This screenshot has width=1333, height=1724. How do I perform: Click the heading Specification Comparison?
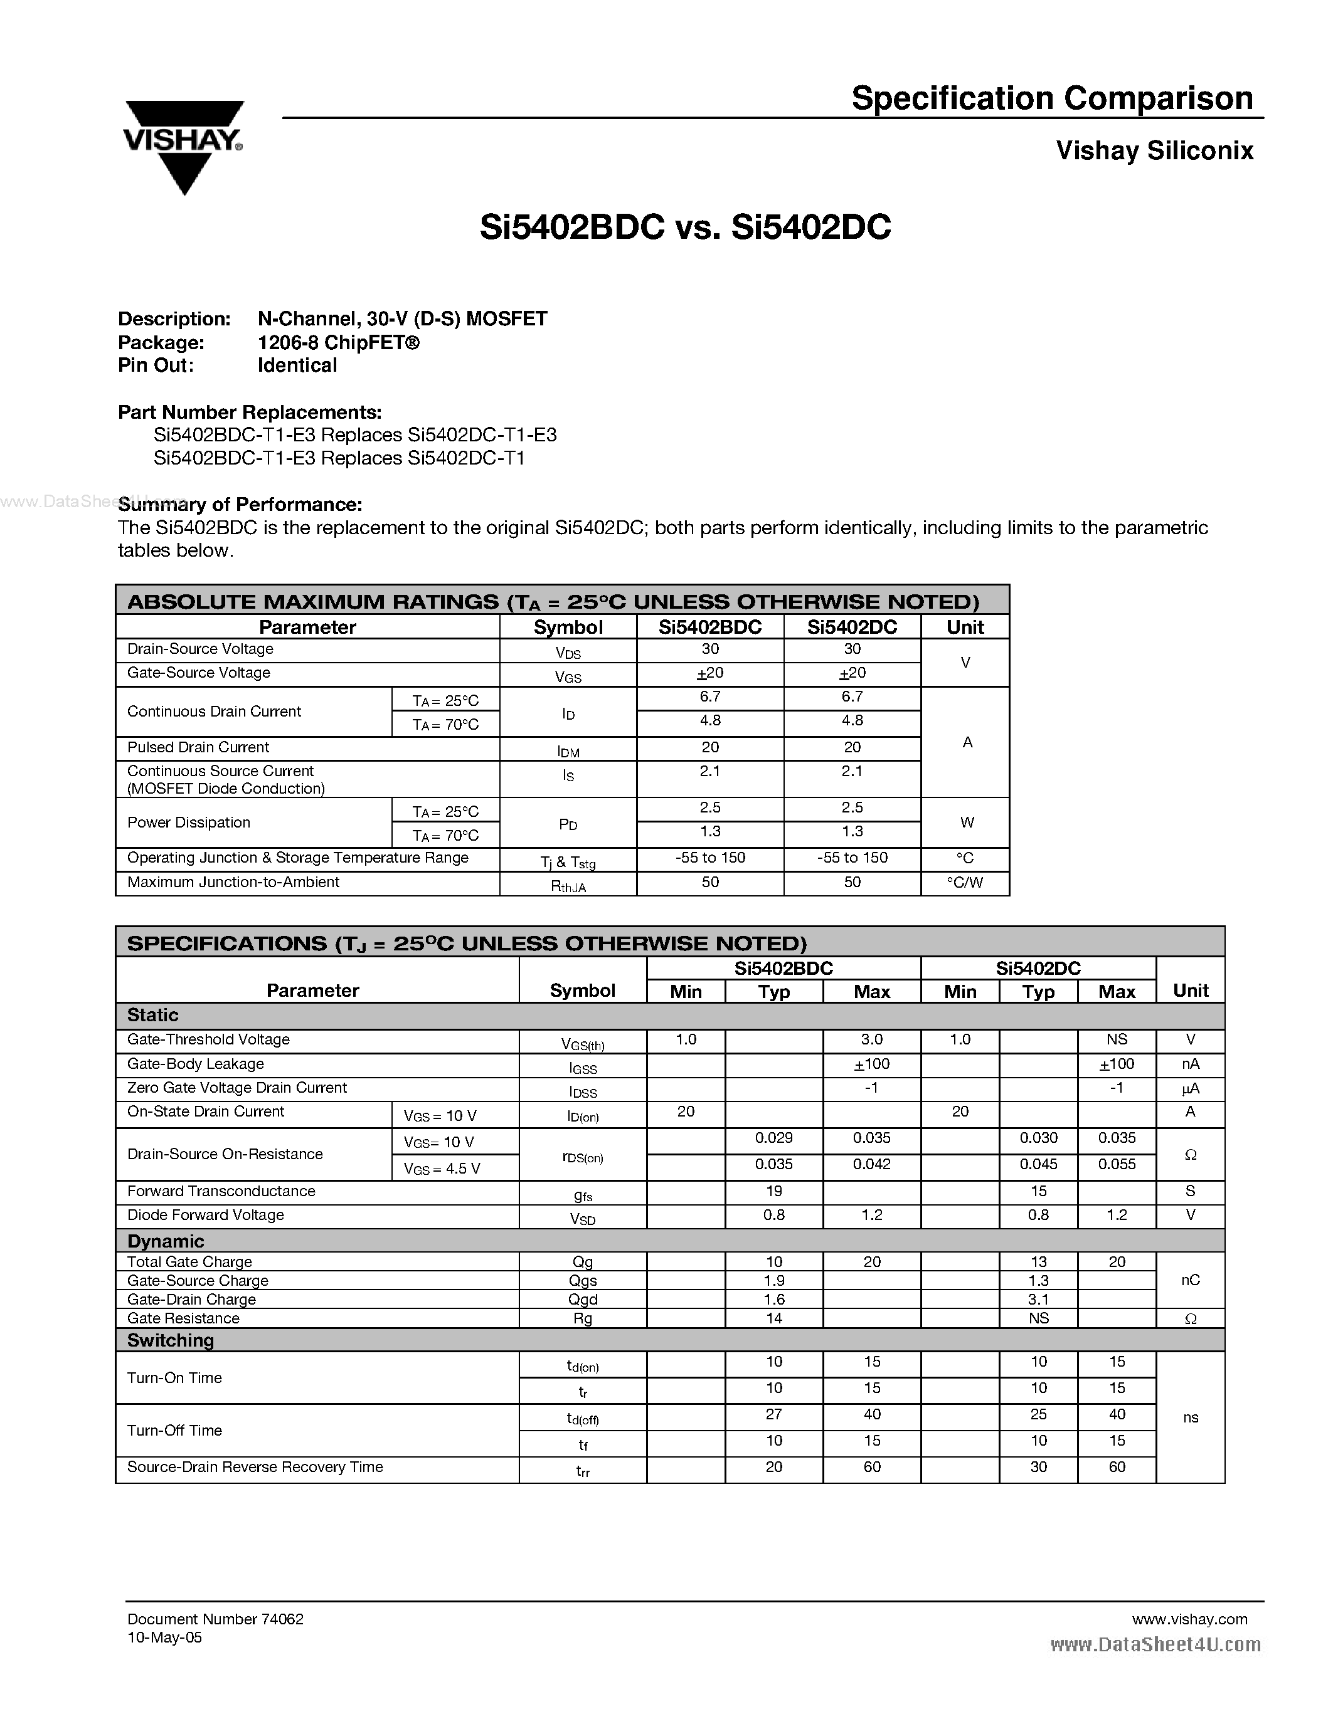tap(1052, 98)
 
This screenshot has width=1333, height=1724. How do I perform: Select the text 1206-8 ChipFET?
tap(338, 342)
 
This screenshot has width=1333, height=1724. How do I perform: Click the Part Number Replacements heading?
tap(250, 412)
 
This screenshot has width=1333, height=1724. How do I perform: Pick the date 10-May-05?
tap(164, 1637)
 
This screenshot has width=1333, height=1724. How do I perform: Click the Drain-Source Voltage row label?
tap(201, 649)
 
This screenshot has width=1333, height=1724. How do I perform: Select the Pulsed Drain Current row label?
tap(198, 747)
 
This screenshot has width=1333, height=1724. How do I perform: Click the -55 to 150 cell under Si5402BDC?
tap(710, 857)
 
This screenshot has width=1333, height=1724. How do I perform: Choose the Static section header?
tap(153, 1015)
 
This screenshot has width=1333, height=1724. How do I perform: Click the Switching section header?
tap(171, 1340)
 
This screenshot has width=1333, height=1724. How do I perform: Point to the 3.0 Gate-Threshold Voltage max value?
tap(872, 1039)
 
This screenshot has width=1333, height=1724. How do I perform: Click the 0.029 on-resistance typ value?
tap(774, 1137)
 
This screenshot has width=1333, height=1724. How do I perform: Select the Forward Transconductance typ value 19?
tap(774, 1191)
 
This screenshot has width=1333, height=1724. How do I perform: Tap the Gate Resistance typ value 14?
tap(774, 1318)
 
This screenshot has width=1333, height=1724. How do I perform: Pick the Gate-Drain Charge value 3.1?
tap(1038, 1298)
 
